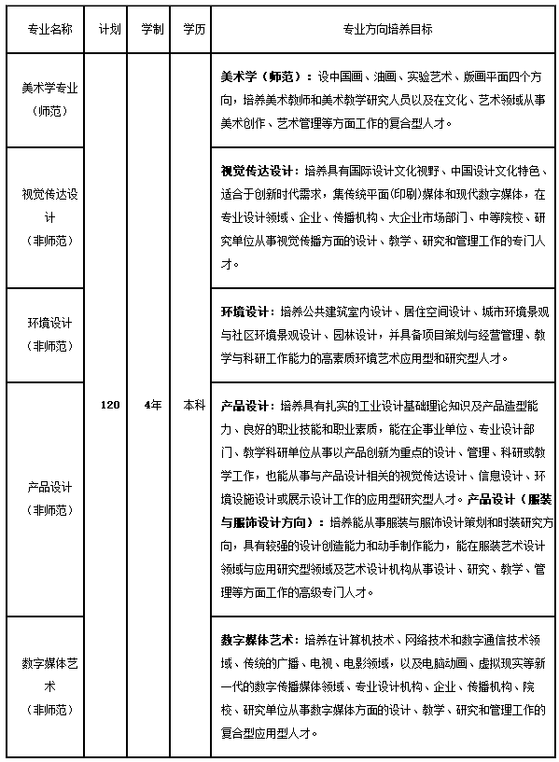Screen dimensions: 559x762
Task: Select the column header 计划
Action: point(109,29)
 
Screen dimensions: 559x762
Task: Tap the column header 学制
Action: point(152,29)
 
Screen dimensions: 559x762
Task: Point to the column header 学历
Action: point(194,29)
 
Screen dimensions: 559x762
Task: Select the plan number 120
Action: point(109,405)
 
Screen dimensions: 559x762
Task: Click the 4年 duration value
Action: point(152,405)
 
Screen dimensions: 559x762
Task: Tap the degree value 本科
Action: point(194,405)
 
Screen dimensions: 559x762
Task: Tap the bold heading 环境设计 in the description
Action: point(246,311)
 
